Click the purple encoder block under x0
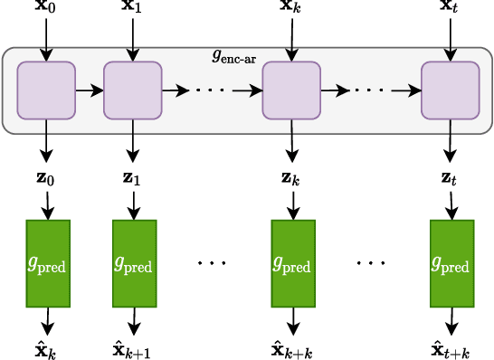(46, 90)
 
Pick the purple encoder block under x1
(133, 90)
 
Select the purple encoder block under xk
(291, 90)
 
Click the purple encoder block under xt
(450, 90)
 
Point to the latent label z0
(45, 177)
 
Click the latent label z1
(132, 177)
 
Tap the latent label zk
(291, 177)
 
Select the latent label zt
(450, 177)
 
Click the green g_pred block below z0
(48, 263)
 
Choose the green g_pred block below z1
(134, 263)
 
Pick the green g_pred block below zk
(293, 263)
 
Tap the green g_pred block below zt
(451, 263)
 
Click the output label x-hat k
(46, 350)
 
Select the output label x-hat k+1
(132, 350)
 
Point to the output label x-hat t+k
(451, 350)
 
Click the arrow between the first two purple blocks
(90, 90)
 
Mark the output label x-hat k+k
(292, 350)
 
